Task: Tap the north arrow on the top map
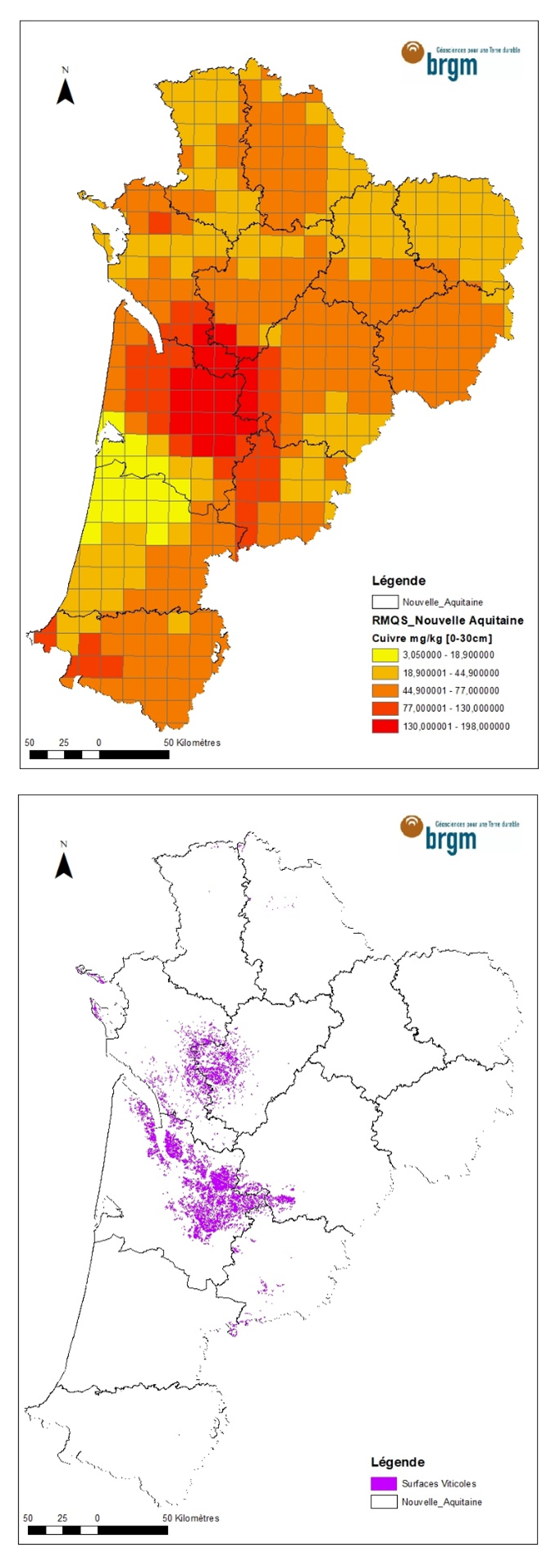[x=65, y=87]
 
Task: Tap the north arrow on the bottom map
[x=64, y=861]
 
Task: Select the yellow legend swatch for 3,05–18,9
[x=385, y=655]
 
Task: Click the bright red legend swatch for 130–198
[x=385, y=726]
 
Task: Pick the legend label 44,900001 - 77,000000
[x=450, y=691]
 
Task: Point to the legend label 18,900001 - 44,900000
[x=450, y=673]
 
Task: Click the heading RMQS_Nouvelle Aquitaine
[x=447, y=621]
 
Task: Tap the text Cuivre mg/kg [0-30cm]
[x=431, y=638]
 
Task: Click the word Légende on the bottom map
[x=398, y=1462]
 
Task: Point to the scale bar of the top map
[x=99, y=754]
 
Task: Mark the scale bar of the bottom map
[x=98, y=1530]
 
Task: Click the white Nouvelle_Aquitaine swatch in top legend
[x=385, y=602]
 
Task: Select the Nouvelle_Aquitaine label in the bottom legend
[x=441, y=1502]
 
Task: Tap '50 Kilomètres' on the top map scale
[x=192, y=743]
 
